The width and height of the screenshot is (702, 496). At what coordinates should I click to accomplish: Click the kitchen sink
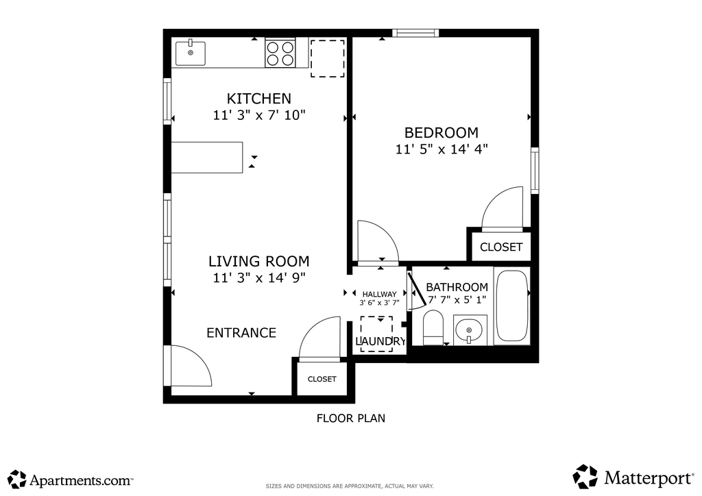pyautogui.click(x=191, y=53)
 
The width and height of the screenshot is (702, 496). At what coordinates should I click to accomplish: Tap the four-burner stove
pyautogui.click(x=280, y=53)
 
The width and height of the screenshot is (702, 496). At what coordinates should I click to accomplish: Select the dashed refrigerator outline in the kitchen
pyautogui.click(x=328, y=58)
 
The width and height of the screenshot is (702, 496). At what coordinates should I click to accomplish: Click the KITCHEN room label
pyautogui.click(x=258, y=99)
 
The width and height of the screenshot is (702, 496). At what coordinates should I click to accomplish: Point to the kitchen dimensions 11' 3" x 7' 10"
pyautogui.click(x=258, y=115)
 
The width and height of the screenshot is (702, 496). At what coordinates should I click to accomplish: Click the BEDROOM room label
pyautogui.click(x=441, y=133)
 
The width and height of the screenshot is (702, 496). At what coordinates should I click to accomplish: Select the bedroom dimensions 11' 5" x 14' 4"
pyautogui.click(x=441, y=149)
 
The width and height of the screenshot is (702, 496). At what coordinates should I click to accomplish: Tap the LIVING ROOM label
pyautogui.click(x=258, y=261)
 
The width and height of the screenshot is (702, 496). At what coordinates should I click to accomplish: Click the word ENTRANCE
pyautogui.click(x=241, y=333)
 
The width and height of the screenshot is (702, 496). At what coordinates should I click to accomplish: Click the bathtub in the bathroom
pyautogui.click(x=511, y=306)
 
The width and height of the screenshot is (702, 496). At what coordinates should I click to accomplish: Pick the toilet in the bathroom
pyautogui.click(x=433, y=328)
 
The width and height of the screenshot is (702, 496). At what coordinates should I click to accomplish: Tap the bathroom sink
pyautogui.click(x=469, y=330)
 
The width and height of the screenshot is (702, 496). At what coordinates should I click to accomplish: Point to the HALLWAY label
pyautogui.click(x=380, y=295)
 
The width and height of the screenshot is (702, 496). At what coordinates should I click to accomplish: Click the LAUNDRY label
pyautogui.click(x=380, y=341)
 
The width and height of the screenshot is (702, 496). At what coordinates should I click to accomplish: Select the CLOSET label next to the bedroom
pyautogui.click(x=501, y=247)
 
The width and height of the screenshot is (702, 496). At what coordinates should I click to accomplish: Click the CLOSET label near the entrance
pyautogui.click(x=322, y=380)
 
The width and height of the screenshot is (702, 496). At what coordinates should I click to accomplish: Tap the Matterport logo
pyautogui.click(x=633, y=478)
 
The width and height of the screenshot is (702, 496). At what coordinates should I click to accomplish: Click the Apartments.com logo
pyautogui.click(x=71, y=480)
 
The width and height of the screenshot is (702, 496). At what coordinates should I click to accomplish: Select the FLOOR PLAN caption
pyautogui.click(x=351, y=419)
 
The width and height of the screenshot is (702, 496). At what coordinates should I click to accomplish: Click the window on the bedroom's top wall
pyautogui.click(x=415, y=33)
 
